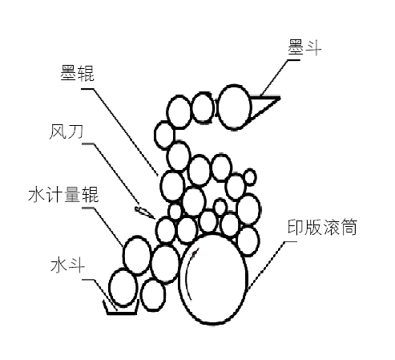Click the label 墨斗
click(304, 48)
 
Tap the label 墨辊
click(77, 73)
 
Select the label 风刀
click(66, 131)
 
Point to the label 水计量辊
click(63, 194)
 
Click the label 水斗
click(67, 265)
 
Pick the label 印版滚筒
click(322, 227)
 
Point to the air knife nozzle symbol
click(144, 212)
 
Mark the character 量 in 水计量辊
click(72, 194)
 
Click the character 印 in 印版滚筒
click(296, 227)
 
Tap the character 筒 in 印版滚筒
click(349, 227)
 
